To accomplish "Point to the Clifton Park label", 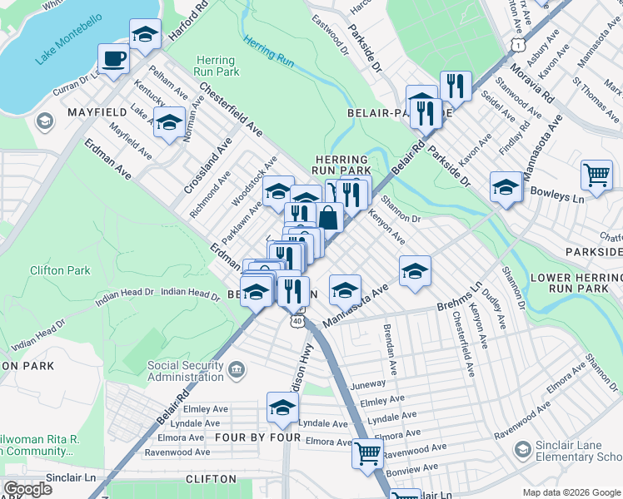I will click(x=59, y=270).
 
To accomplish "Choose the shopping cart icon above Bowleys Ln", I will click(x=596, y=175).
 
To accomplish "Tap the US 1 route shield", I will click(x=518, y=40).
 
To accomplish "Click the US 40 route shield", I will click(x=297, y=319).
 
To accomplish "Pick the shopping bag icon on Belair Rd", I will click(x=330, y=218).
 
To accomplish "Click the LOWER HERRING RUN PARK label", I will click(x=576, y=282).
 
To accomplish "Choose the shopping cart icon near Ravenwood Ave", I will click(x=367, y=453).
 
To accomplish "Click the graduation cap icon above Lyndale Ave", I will click(x=282, y=407).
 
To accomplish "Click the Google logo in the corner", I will click(x=27, y=489).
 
